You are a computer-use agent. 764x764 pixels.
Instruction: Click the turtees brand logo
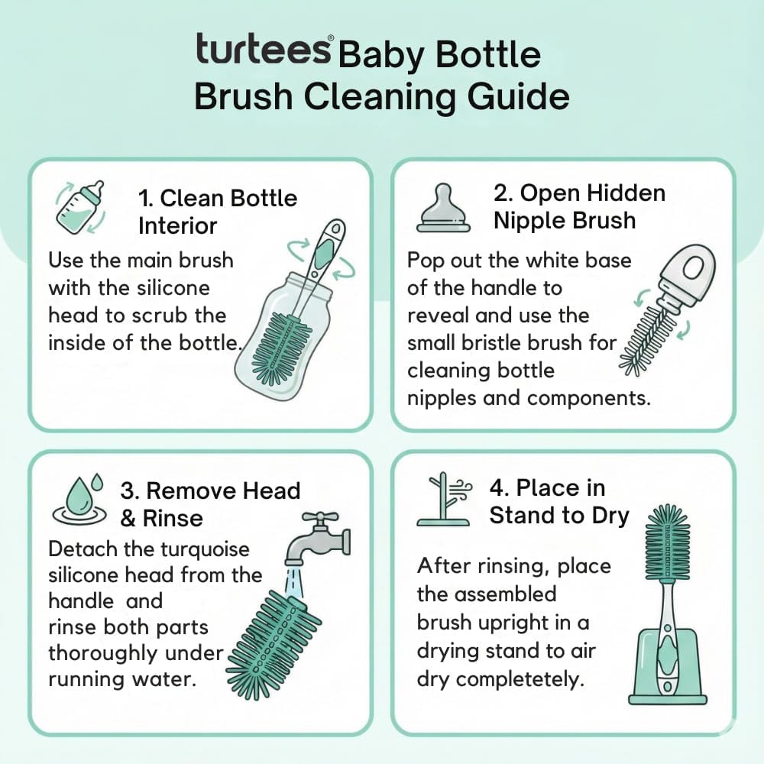pos(264,49)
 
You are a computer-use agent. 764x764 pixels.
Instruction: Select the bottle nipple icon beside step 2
pos(443,208)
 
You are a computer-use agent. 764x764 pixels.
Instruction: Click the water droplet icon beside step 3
pos(79,501)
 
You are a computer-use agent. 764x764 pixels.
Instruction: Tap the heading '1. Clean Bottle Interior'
pos(217,212)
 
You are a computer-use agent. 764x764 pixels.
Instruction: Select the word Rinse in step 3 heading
pos(172,518)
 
